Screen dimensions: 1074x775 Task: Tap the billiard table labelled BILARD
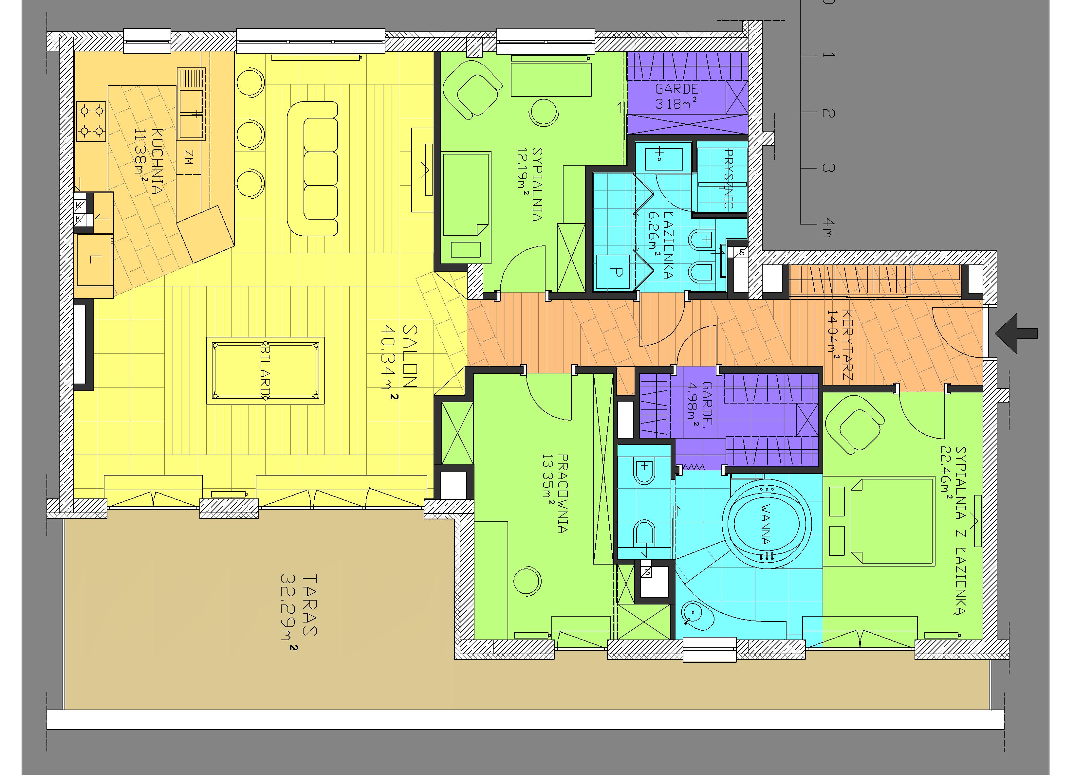coord(266,370)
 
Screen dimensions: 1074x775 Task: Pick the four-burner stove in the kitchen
coord(91,122)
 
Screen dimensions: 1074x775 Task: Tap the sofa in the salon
coord(313,169)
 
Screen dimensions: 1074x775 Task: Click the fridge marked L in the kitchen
coord(95,260)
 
